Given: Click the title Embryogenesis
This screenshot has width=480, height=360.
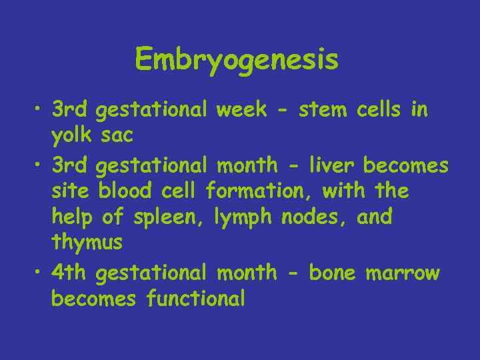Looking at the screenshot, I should (x=237, y=61).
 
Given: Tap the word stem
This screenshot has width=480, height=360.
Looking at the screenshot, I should (x=323, y=109).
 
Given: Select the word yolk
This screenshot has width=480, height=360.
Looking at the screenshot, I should (x=73, y=136).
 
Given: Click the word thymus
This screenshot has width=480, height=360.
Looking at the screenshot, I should (x=87, y=243).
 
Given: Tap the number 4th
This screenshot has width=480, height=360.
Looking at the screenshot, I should (x=71, y=272).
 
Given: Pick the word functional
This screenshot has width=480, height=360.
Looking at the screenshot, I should (x=195, y=299).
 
